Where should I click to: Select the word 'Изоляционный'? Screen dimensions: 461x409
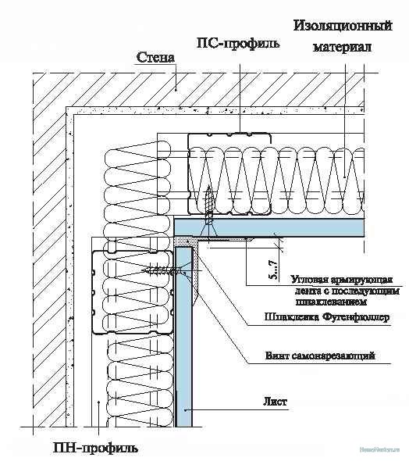[342, 27]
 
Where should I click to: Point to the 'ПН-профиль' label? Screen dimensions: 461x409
[96, 448]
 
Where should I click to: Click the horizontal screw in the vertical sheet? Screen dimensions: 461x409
[162, 271]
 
